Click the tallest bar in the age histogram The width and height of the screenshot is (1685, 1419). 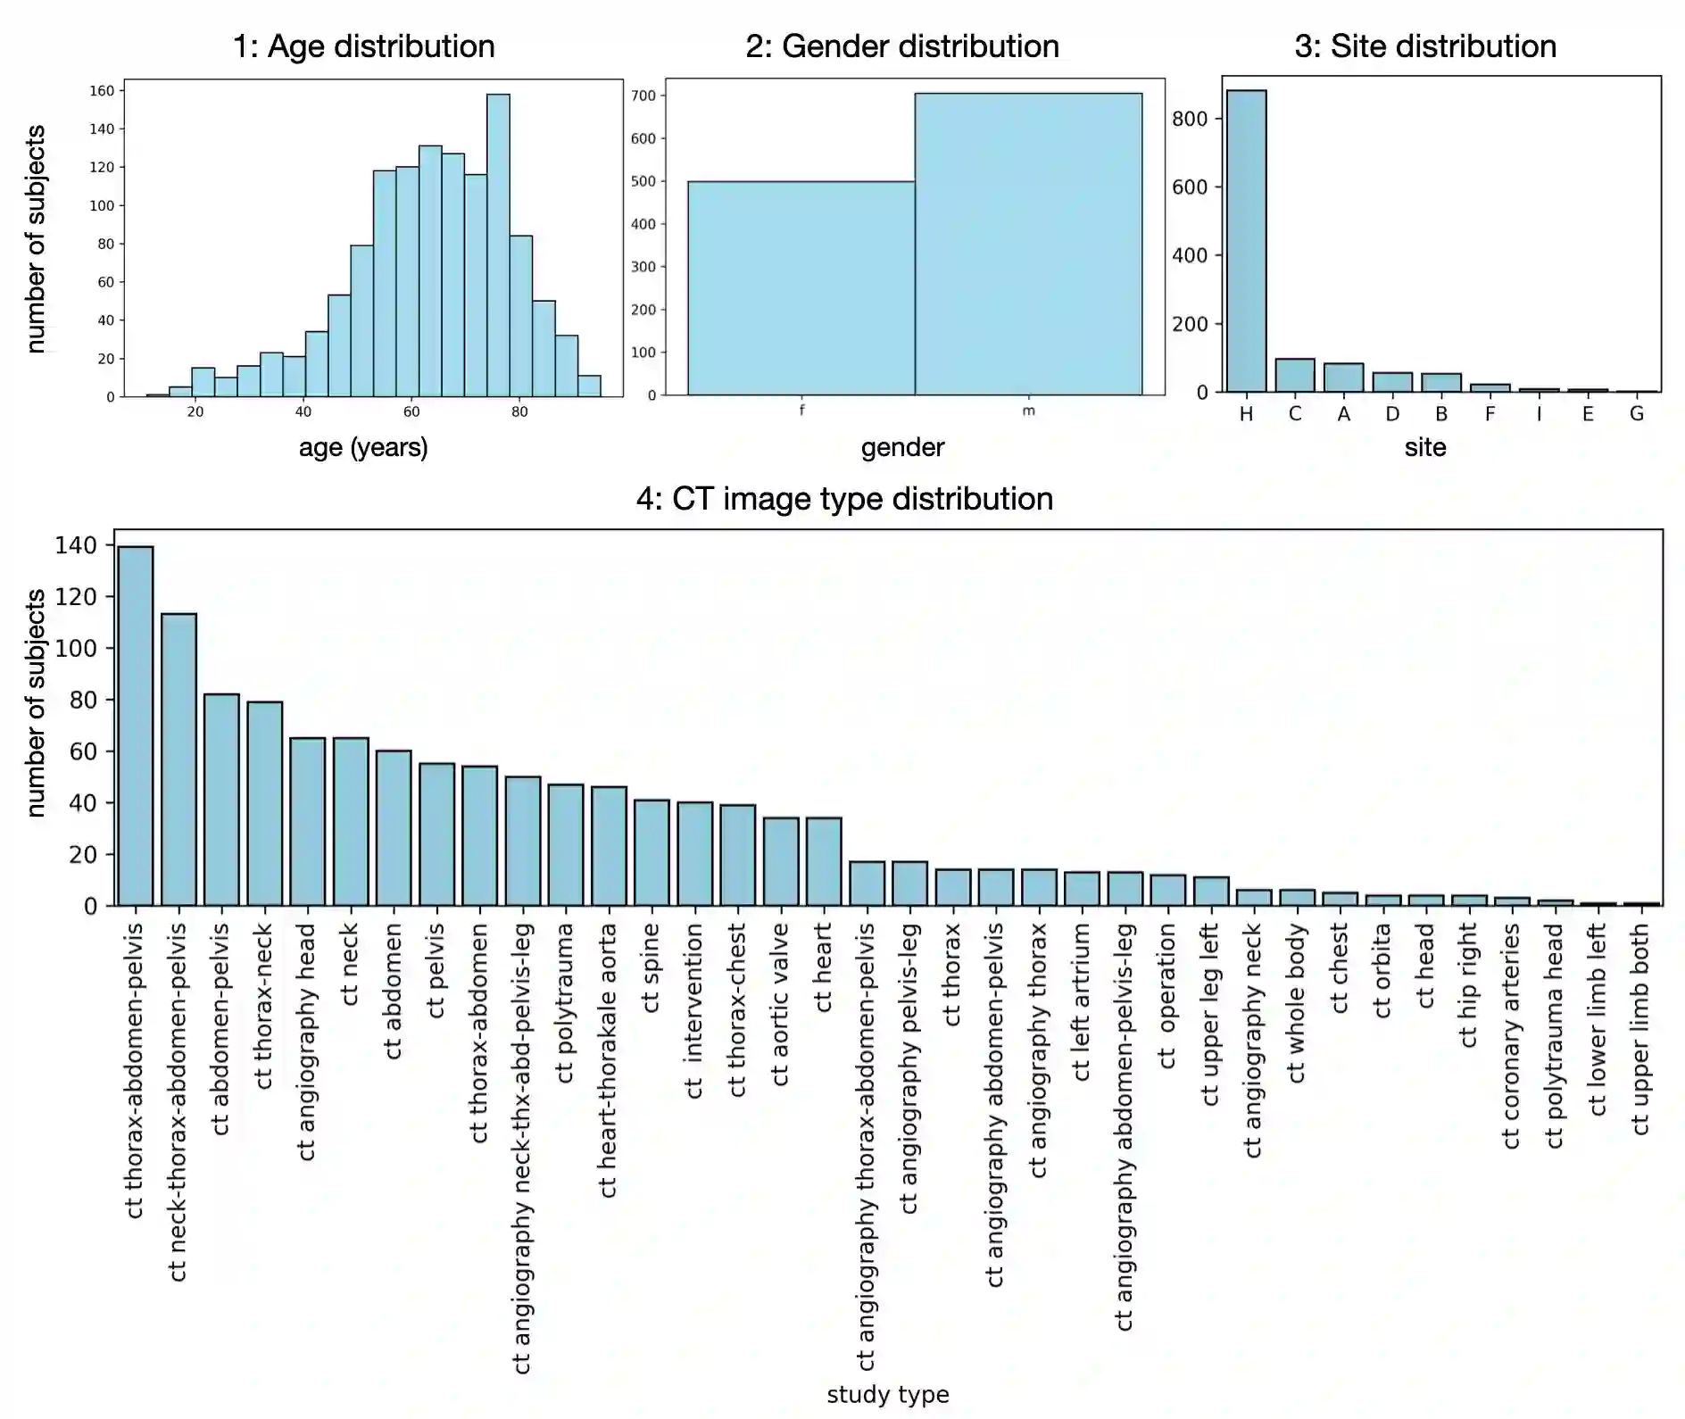(x=498, y=245)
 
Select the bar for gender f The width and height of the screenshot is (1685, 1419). (x=801, y=288)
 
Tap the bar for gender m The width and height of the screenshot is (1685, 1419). (x=1028, y=244)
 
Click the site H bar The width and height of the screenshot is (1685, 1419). (x=1246, y=241)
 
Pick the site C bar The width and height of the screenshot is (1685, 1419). (x=1294, y=376)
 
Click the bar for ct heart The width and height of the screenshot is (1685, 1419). (x=824, y=861)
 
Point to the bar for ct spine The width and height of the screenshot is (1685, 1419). (x=652, y=852)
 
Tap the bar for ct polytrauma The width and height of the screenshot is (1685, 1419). (x=566, y=844)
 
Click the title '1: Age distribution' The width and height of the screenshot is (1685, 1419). (x=363, y=46)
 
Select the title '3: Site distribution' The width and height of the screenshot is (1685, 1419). (x=1425, y=46)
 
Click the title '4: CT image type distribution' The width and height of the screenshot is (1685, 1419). (x=844, y=499)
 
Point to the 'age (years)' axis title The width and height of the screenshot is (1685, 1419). (x=363, y=447)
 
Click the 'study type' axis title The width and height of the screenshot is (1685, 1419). (x=887, y=1394)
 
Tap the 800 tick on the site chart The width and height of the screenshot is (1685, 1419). (x=1189, y=119)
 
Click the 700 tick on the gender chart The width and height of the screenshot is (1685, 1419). (x=643, y=95)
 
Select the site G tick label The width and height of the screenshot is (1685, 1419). (x=1636, y=414)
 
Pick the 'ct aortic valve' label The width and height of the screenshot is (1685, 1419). (x=781, y=1004)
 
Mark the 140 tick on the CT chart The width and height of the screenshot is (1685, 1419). (x=76, y=545)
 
